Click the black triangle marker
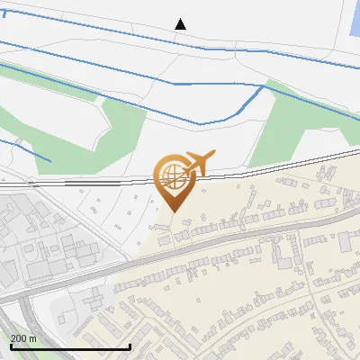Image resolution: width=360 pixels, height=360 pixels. point(181,23)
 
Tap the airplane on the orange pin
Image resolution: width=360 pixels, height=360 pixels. point(197,163)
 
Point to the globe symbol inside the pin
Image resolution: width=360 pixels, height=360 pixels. point(173,175)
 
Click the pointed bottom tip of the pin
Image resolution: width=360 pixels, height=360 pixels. point(174,211)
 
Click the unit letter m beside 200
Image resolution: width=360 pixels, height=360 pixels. point(33,338)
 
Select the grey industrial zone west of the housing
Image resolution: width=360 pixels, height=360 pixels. point(36,234)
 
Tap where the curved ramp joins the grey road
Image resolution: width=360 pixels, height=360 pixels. point(27,292)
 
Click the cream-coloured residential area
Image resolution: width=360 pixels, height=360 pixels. point(270,288)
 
